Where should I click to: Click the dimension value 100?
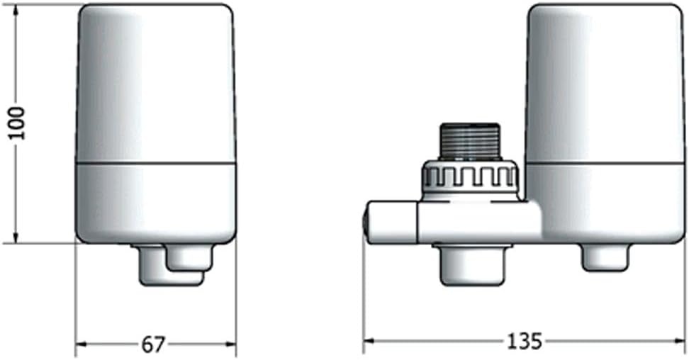coord(18,123)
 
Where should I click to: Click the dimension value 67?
coord(153,344)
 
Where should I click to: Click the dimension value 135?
coord(525,341)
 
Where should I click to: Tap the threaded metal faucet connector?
coord(470,141)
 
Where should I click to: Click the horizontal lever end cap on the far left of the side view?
coord(391,222)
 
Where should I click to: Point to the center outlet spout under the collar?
coord(472,264)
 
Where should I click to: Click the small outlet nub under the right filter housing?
coord(605,257)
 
